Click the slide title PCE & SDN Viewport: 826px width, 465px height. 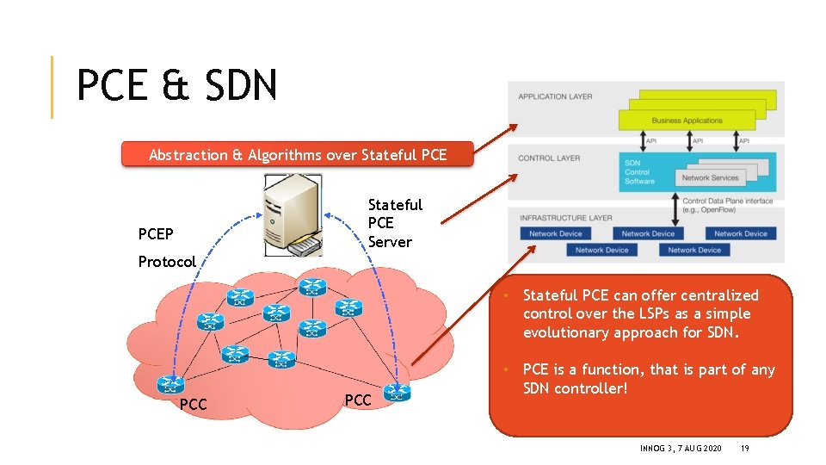176,86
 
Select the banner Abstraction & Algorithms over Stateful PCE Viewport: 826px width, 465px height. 298,155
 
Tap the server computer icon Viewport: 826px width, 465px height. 293,214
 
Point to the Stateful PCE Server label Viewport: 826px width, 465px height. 394,223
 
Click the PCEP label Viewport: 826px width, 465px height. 156,234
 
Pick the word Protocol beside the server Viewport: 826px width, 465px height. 167,262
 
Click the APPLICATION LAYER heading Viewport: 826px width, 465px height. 555,96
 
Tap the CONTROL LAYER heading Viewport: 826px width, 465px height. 549,158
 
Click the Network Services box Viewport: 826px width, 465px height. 710,177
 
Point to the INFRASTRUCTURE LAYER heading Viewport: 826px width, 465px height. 564,218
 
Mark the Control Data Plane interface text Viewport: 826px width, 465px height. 727,205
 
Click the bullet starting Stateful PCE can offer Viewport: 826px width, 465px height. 640,314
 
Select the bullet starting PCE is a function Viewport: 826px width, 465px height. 648,379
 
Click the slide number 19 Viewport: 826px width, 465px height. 745,449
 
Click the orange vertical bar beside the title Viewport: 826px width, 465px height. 52,87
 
